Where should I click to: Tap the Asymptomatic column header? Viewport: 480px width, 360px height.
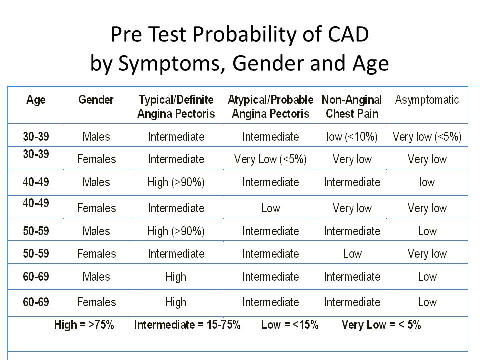[427, 100]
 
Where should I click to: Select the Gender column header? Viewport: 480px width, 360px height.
[96, 100]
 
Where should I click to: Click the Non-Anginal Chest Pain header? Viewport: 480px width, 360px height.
[352, 107]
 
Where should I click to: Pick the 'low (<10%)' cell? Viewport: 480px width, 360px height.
[352, 137]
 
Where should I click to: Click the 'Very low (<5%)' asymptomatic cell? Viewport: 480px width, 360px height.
[427, 137]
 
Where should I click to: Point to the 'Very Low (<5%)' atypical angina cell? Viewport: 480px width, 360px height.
[270, 159]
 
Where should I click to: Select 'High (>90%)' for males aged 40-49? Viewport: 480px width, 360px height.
[176, 182]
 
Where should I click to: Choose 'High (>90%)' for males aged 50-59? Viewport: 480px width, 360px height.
[176, 231]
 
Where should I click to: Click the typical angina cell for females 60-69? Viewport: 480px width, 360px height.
[176, 303]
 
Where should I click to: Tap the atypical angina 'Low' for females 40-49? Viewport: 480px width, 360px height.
[271, 208]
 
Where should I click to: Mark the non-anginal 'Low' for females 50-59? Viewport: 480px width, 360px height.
[352, 254]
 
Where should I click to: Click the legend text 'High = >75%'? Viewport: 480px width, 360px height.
[84, 325]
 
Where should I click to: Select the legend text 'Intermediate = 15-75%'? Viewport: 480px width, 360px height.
[187, 325]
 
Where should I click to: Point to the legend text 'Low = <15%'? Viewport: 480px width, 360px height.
[290, 325]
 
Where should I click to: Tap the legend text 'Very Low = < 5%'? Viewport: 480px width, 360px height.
[381, 325]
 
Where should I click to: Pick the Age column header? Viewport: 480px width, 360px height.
[36, 100]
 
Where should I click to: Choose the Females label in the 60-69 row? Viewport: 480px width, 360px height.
[96, 302]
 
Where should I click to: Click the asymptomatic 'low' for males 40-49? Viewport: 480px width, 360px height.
[427, 182]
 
